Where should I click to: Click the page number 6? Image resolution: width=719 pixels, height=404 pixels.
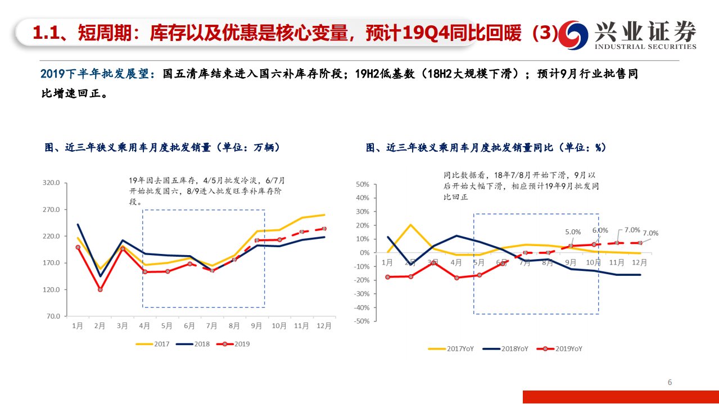[x=670, y=383]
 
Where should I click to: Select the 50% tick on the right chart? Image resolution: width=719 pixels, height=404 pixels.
[x=361, y=184]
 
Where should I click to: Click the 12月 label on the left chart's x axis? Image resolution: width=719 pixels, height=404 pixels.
[x=324, y=325]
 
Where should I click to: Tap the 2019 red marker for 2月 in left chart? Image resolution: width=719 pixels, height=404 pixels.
[x=100, y=290]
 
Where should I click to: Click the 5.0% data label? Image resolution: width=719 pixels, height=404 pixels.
[x=572, y=231]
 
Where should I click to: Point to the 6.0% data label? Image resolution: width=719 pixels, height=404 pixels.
[x=600, y=230]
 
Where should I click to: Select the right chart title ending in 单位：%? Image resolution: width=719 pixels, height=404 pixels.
[x=486, y=148]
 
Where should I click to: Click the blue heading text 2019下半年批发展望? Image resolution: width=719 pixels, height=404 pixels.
[x=96, y=74]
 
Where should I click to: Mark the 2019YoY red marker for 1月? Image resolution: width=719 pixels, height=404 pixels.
[x=388, y=277]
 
